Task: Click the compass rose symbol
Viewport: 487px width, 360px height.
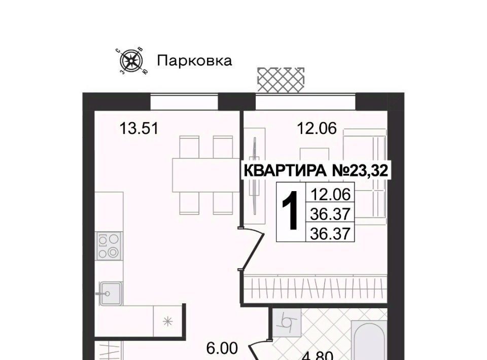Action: point(132,60)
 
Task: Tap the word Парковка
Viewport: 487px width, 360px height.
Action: point(194,61)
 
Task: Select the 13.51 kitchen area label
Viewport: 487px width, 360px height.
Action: point(139,128)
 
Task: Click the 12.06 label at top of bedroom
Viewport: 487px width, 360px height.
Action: point(317,128)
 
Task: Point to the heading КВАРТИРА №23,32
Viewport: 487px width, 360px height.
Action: point(316,170)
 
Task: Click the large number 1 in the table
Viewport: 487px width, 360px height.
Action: point(291,211)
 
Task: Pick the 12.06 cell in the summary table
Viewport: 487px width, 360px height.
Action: point(330,195)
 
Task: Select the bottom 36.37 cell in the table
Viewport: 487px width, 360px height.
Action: point(330,233)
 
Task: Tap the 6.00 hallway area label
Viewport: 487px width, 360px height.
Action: point(222,348)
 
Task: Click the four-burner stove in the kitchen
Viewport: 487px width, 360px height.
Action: point(109,246)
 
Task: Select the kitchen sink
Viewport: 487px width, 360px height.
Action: point(110,293)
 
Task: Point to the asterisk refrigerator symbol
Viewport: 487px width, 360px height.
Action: point(168,321)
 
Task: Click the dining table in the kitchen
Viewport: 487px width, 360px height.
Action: point(205,175)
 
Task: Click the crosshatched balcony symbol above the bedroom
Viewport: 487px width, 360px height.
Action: point(281,80)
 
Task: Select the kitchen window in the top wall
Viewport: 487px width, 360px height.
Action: point(184,102)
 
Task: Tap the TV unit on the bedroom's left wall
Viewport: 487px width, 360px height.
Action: point(255,175)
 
